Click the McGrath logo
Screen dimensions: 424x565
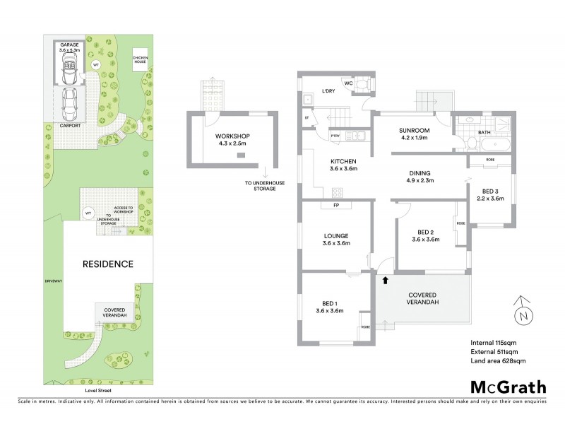pyautogui.click(x=509, y=387)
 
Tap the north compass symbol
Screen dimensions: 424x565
pyautogui.click(x=522, y=313)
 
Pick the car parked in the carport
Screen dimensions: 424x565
pyautogui.click(x=69, y=105)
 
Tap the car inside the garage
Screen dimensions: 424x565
pyautogui.click(x=69, y=69)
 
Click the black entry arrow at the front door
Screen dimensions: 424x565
pyautogui.click(x=385, y=281)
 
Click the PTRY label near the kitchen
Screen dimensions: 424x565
pyautogui.click(x=335, y=136)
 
